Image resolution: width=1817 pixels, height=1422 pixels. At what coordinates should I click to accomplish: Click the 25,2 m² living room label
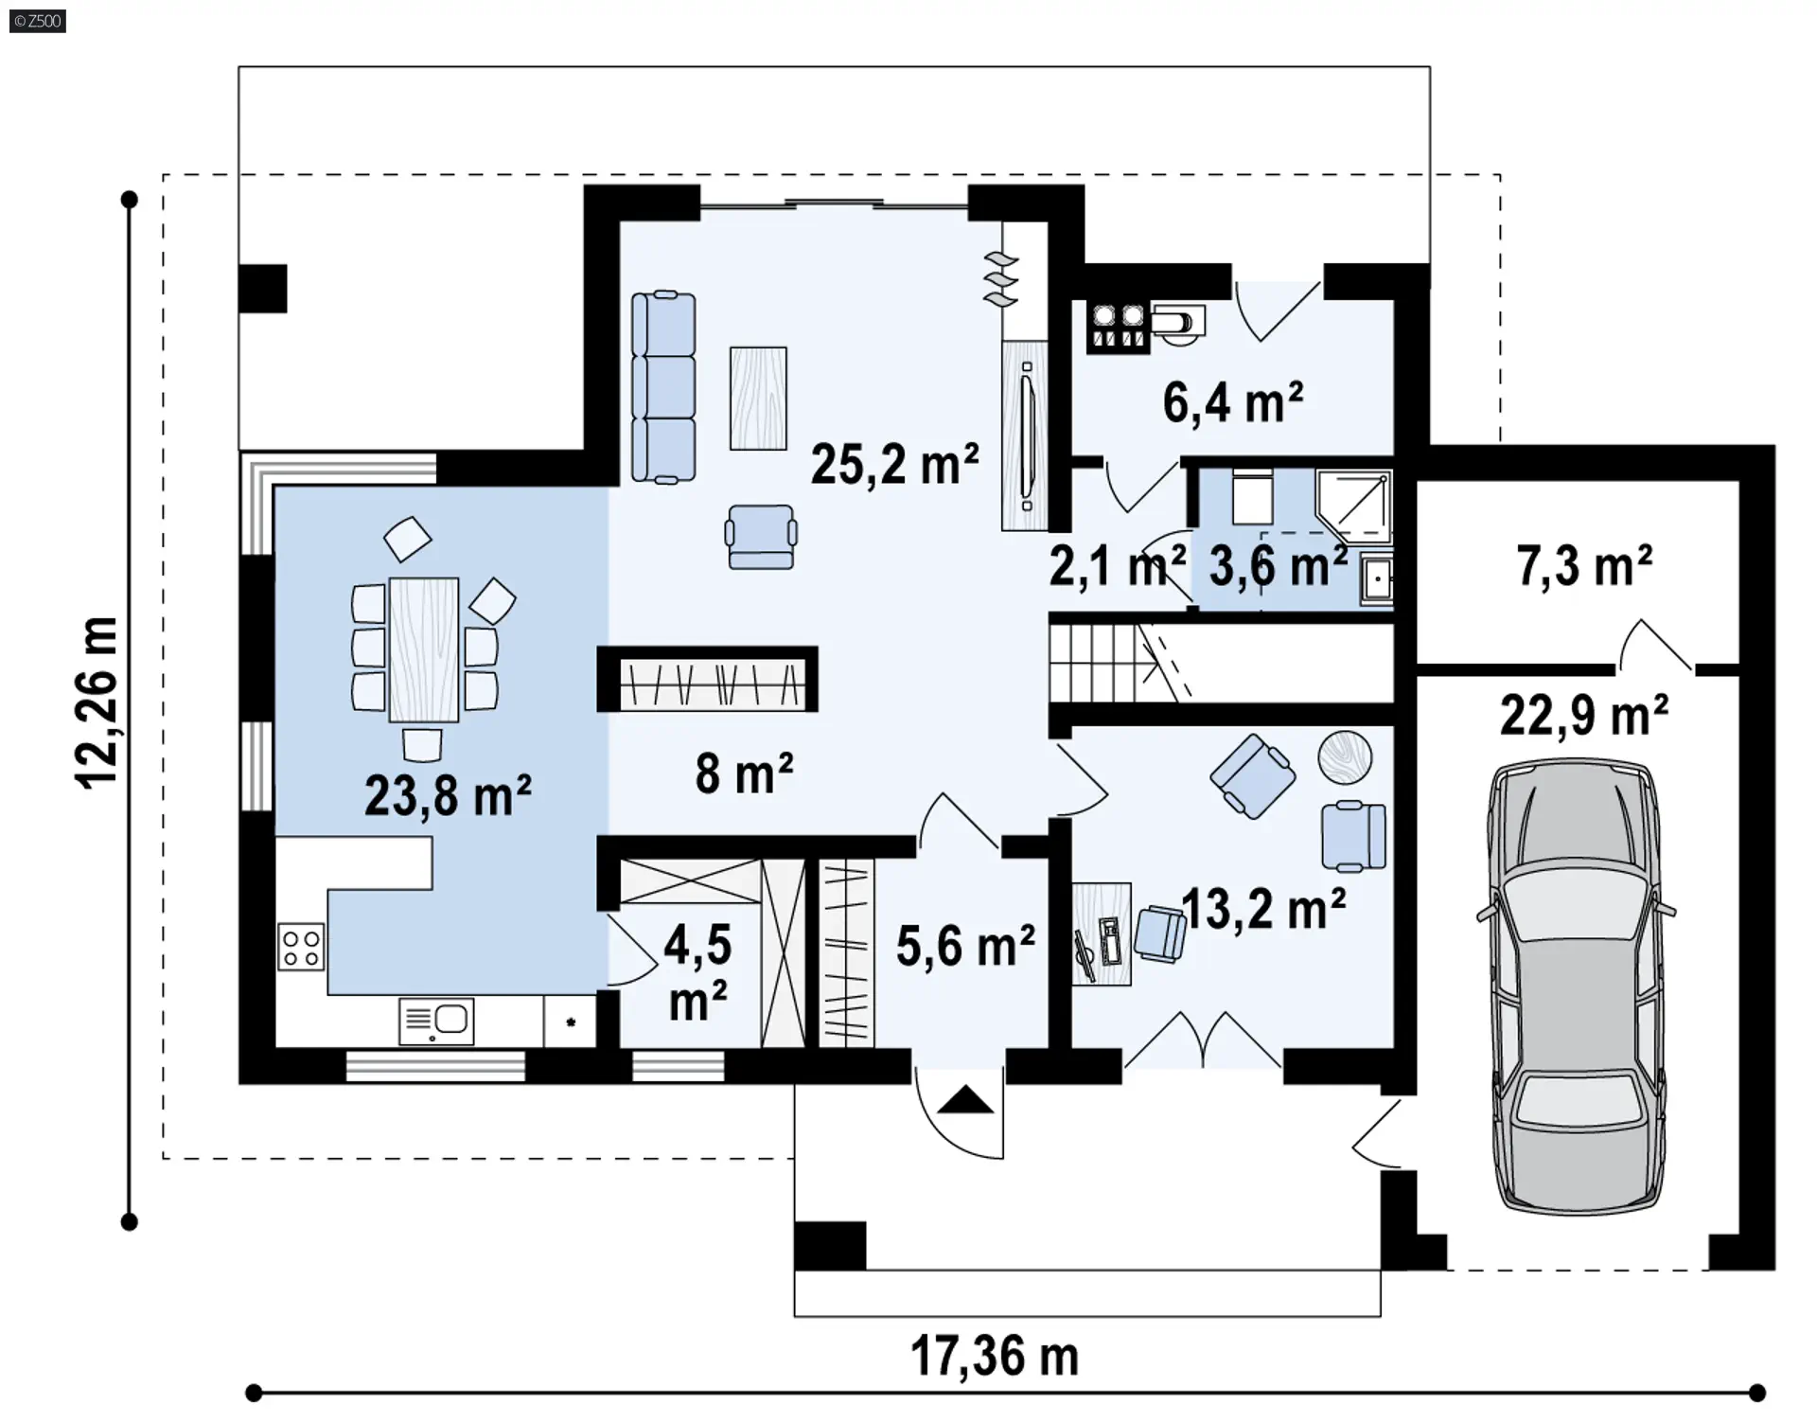[894, 465]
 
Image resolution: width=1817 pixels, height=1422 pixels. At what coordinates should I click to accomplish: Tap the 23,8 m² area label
[448, 794]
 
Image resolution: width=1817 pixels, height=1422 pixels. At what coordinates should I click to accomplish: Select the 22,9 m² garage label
[1584, 716]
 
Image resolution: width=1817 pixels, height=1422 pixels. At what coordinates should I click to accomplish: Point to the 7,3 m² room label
[1585, 566]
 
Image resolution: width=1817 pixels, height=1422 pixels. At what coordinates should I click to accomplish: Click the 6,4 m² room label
[1233, 402]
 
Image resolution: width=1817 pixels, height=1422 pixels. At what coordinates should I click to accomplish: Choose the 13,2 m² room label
[1263, 910]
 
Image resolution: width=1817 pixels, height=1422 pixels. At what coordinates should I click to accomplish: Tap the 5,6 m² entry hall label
[965, 946]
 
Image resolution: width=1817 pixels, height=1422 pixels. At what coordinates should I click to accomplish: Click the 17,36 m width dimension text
[995, 1356]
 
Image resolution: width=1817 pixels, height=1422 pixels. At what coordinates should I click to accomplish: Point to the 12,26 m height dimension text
[97, 702]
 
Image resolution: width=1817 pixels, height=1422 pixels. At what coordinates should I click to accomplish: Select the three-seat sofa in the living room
[663, 387]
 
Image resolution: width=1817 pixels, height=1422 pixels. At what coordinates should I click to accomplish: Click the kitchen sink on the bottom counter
[436, 1022]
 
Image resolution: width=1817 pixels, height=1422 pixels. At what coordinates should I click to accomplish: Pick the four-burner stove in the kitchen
[301, 948]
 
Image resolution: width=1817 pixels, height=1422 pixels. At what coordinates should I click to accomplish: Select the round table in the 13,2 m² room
[1345, 757]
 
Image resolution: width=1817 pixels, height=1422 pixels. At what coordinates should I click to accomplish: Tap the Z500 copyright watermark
[38, 21]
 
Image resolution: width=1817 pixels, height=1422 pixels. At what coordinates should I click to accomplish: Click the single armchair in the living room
[761, 537]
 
